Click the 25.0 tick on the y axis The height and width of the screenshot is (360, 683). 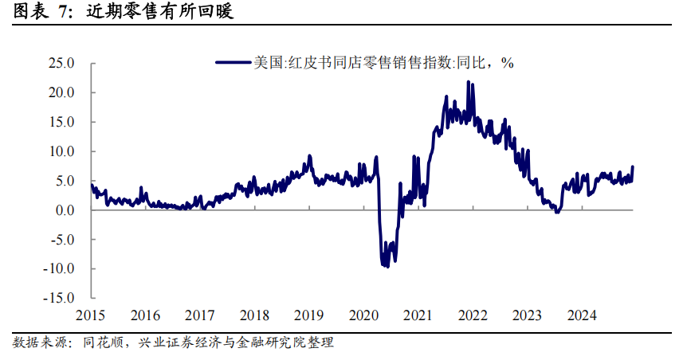pyautogui.click(x=61, y=63)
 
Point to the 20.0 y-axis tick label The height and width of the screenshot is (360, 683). pyautogui.click(x=61, y=92)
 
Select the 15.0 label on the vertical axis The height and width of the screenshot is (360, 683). pyautogui.click(x=61, y=122)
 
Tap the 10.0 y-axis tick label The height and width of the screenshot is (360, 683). pyautogui.click(x=61, y=151)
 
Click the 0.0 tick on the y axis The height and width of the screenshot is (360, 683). pyautogui.click(x=65, y=210)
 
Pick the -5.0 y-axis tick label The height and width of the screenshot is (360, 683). pyautogui.click(x=61, y=240)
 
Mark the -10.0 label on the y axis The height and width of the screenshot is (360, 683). pyautogui.click(x=59, y=269)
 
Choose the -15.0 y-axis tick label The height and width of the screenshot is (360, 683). pyautogui.click(x=59, y=299)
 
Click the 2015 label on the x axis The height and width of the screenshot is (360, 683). pyautogui.click(x=90, y=315)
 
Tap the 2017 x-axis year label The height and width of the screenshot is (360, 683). pyautogui.click(x=199, y=315)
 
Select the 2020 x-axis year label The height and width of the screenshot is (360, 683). pyautogui.click(x=363, y=315)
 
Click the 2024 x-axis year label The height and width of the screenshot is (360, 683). pyautogui.click(x=581, y=315)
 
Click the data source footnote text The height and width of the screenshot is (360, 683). pyautogui.click(x=172, y=343)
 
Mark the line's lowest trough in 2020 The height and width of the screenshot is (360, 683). pyautogui.click(x=387, y=266)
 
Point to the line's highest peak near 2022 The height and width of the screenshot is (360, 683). pyautogui.click(x=469, y=82)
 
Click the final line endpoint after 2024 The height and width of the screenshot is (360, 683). pyautogui.click(x=633, y=166)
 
